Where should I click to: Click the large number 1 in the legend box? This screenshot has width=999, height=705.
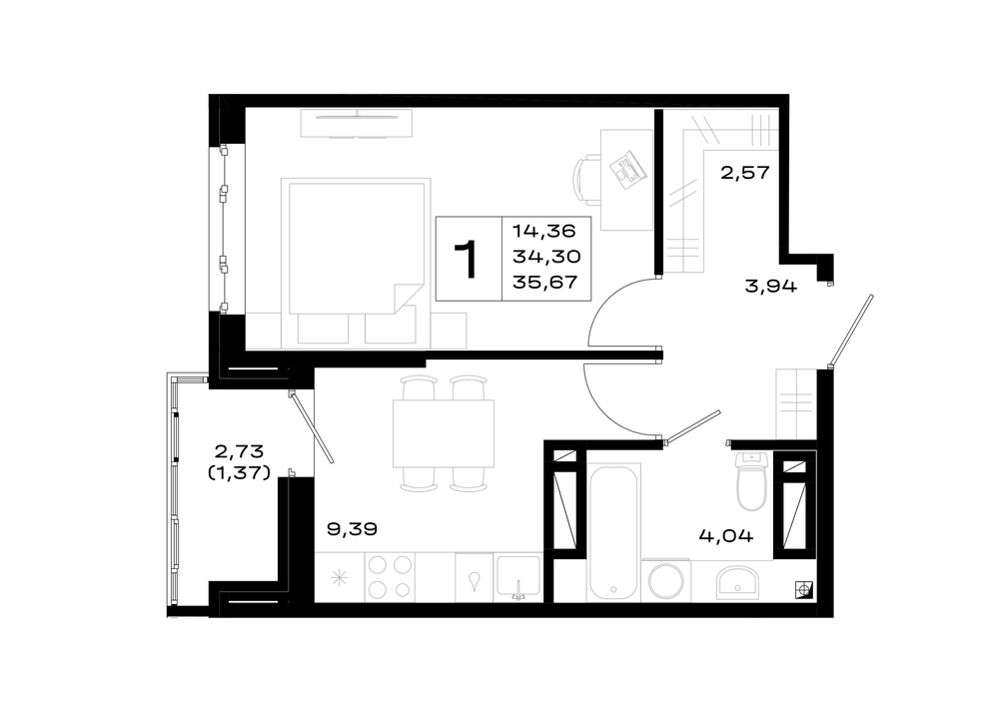469,260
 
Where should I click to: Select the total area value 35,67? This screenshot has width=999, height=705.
545,282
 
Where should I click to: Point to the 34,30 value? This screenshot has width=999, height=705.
546,256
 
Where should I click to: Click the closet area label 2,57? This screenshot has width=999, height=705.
745,173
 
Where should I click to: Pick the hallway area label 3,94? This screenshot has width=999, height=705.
770,286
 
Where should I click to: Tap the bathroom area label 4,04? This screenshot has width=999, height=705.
725,536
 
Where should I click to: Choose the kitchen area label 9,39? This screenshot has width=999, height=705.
353,528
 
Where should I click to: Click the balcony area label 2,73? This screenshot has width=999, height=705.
239,451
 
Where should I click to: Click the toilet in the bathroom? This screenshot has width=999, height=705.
752,481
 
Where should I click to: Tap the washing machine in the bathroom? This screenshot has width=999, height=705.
665,580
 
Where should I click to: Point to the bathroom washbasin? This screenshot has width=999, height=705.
737,582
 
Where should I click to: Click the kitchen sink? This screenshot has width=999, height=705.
517,577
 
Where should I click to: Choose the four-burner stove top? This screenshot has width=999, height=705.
390,577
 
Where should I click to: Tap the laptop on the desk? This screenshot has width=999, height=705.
625,168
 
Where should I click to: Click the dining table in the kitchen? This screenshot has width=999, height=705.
444,433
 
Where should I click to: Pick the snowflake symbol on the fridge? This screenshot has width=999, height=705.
339,578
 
